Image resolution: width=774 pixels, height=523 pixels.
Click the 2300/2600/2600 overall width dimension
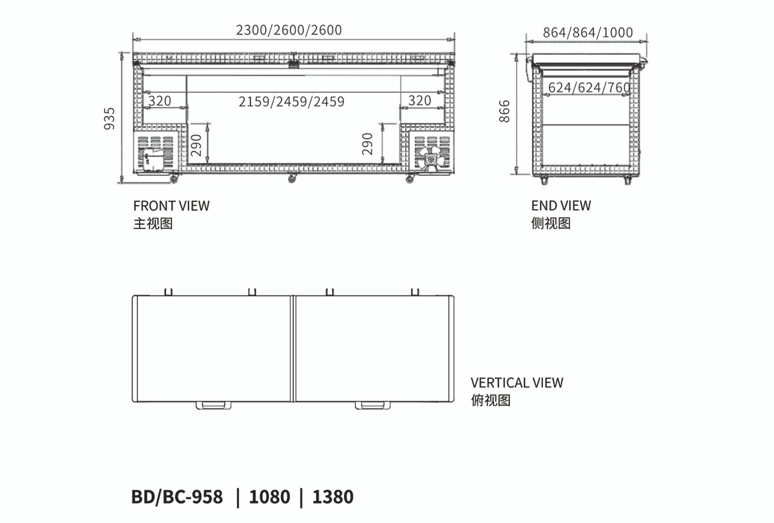[x=289, y=30]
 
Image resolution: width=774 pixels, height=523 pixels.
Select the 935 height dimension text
[x=109, y=119]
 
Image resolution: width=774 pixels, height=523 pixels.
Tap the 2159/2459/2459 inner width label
[x=291, y=102]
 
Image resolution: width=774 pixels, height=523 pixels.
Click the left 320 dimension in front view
[x=159, y=101]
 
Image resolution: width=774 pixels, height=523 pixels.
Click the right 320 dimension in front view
[x=420, y=101]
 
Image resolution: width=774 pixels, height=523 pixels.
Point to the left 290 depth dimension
[x=196, y=145]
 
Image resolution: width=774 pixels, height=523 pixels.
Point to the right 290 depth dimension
[x=367, y=144]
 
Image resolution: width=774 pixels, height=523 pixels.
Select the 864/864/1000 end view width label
[x=588, y=32]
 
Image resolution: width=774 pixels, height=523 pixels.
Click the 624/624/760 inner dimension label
[x=589, y=88]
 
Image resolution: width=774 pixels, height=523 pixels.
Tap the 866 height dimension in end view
[x=504, y=111]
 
